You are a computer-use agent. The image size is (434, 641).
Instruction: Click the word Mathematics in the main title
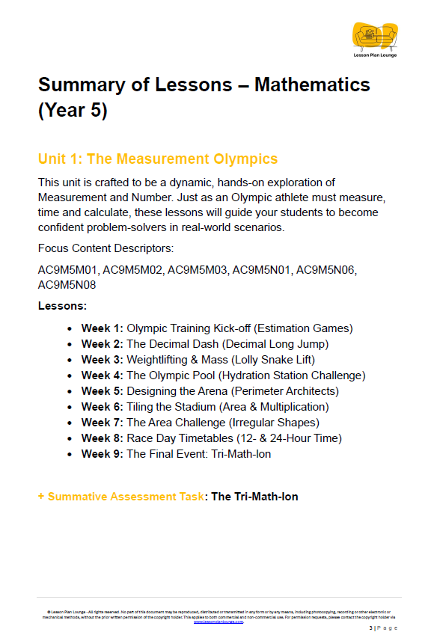click(x=312, y=84)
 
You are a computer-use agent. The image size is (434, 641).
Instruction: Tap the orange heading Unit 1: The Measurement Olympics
click(x=157, y=159)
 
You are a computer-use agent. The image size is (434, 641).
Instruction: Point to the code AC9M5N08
click(x=68, y=284)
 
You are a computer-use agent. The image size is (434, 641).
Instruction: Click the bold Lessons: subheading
click(x=62, y=305)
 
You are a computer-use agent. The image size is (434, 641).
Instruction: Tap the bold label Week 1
click(x=102, y=328)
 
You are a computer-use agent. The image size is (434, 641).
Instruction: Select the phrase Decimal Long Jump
click(x=276, y=343)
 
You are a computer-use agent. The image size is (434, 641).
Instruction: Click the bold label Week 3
click(x=102, y=359)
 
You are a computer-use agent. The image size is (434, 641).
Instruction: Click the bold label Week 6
click(x=102, y=406)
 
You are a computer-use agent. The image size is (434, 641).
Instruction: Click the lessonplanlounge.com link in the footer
click(x=218, y=621)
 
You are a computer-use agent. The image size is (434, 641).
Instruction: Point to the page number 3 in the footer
click(x=370, y=628)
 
